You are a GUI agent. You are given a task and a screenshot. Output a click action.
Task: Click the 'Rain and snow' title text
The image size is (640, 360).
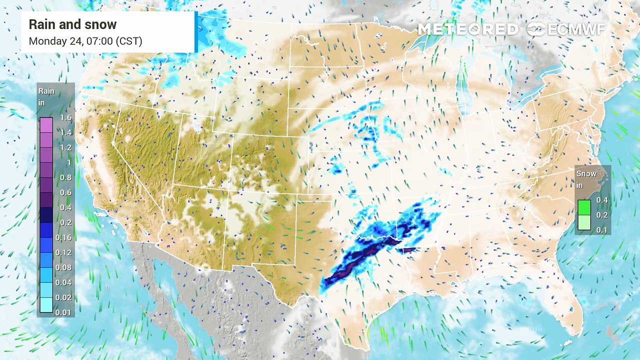[72, 24]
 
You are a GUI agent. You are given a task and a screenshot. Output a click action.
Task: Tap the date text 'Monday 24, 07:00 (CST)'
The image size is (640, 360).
[85, 41]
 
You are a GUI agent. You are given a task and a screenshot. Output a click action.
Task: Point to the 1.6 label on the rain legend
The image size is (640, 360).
[66, 118]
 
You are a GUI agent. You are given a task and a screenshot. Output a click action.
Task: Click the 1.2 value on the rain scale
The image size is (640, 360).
[66, 148]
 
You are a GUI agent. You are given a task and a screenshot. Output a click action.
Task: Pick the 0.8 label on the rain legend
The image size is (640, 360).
[66, 177]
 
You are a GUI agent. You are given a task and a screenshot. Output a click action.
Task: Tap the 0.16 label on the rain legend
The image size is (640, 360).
[64, 237]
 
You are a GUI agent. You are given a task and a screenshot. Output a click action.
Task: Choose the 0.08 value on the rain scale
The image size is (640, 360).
[64, 267]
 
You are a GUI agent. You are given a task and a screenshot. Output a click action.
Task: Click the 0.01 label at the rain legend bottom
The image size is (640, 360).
[64, 312]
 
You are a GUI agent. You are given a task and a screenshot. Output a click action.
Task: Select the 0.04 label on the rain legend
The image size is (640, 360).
[64, 282]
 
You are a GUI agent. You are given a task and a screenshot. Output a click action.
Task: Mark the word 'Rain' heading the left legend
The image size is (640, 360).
[46, 91]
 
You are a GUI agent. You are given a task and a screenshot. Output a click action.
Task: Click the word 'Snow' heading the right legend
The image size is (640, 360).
[586, 174]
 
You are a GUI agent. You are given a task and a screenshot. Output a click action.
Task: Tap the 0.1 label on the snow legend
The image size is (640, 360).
[601, 229]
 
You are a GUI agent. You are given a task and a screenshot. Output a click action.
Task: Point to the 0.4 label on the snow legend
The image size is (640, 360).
[601, 200]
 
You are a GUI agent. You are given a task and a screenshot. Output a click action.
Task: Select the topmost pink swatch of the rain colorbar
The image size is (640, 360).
[46, 124]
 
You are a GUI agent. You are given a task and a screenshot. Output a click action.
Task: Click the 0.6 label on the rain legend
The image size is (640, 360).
[66, 192]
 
